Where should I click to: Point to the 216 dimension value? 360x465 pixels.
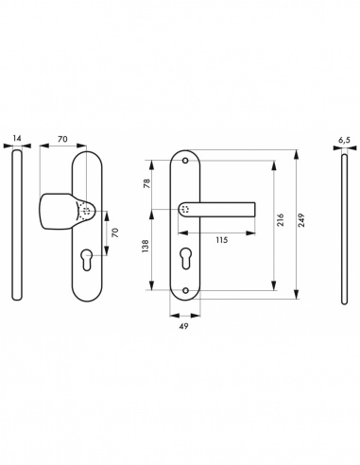point(281,217)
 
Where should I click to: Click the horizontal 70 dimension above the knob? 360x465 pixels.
point(62,139)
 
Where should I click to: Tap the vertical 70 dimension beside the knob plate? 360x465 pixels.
point(114,232)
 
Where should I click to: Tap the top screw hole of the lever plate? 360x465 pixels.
point(185,164)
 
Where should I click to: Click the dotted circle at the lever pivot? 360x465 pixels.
point(185,210)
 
